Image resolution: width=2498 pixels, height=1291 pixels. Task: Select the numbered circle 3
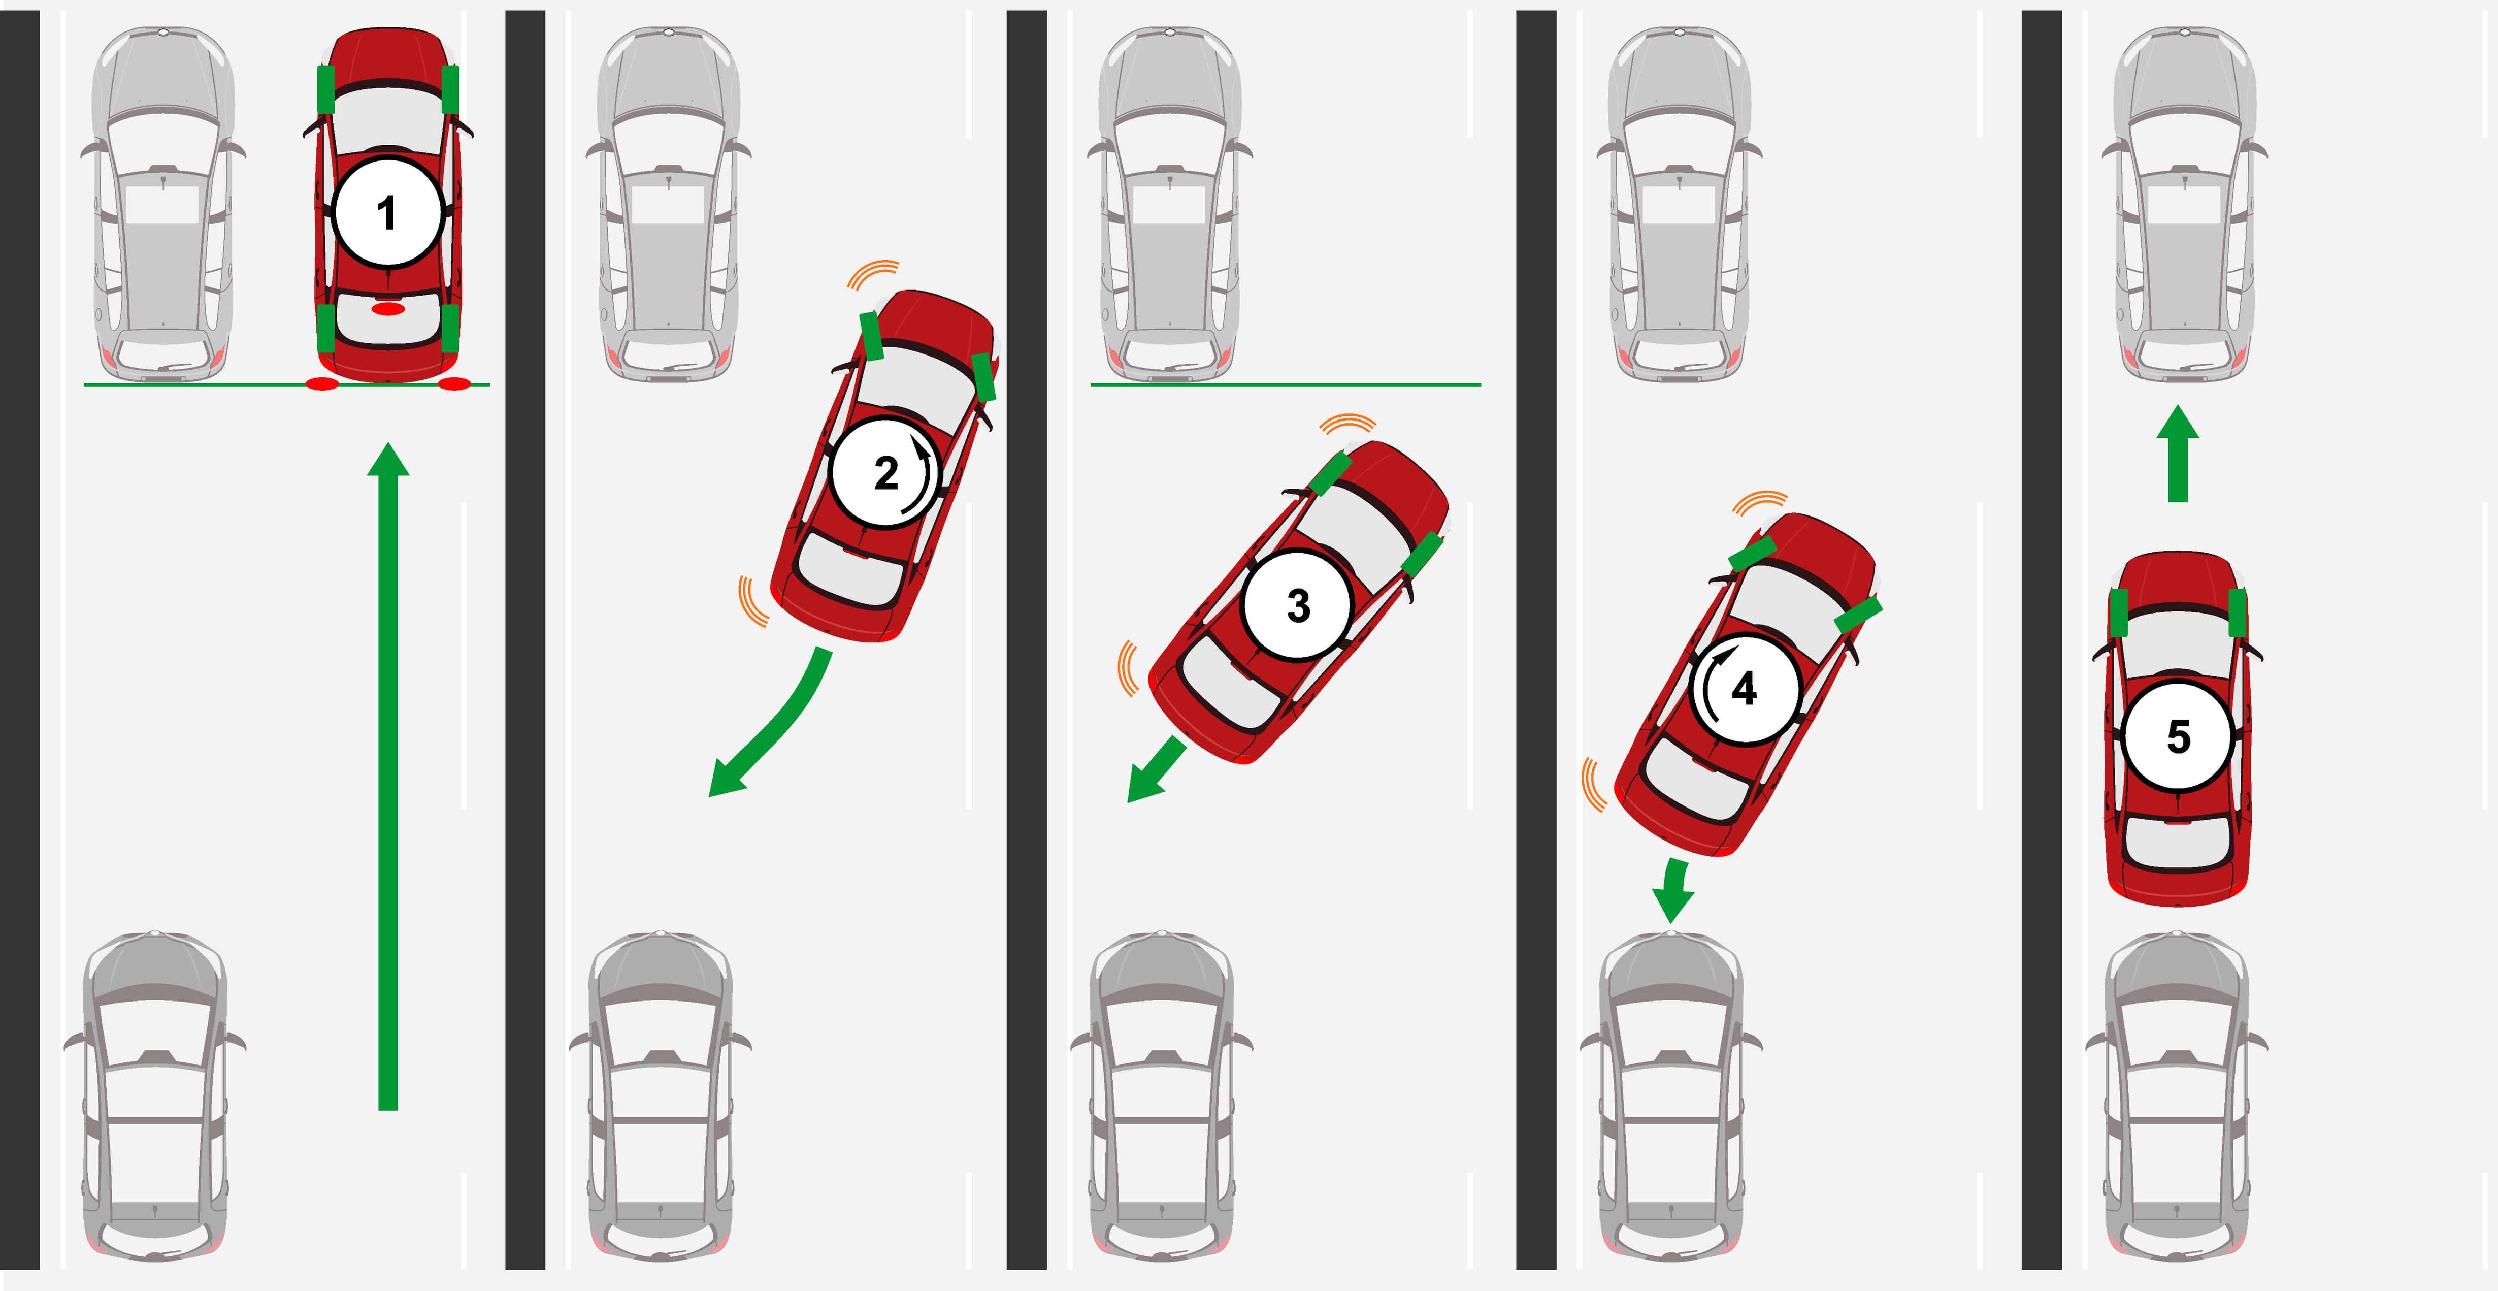tap(1297, 605)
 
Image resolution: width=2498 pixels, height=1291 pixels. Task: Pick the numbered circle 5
tap(2178, 737)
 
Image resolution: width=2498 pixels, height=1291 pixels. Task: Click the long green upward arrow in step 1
tap(388, 776)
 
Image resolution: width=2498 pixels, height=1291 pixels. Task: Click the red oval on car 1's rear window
tap(388, 308)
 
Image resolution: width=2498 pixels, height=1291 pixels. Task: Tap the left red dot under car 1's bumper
tap(322, 385)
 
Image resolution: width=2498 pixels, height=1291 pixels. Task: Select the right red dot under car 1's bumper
tap(454, 385)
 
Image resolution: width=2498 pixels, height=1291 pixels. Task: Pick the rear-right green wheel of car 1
tap(450, 328)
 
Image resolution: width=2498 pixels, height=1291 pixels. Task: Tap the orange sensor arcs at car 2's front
tap(873, 274)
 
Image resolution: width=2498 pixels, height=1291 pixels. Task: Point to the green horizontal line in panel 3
tap(1286, 385)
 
